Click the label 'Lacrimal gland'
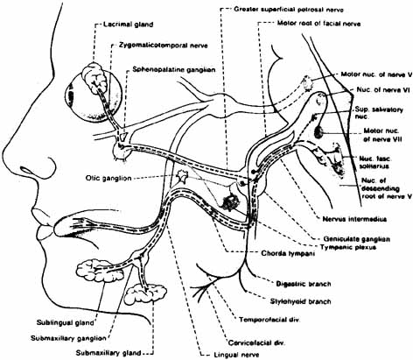(128, 25)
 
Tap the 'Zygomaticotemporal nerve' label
(164, 46)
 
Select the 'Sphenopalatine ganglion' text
(174, 70)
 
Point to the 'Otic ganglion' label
(108, 178)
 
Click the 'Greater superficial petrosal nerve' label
(289, 10)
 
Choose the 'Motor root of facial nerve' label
(318, 24)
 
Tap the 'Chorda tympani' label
(288, 253)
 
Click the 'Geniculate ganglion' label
(356, 239)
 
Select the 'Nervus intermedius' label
(354, 219)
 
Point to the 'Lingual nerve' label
(236, 355)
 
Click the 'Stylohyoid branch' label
(300, 301)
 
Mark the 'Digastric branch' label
(304, 284)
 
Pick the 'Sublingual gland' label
(66, 322)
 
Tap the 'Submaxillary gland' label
(108, 353)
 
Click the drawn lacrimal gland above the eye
(94, 77)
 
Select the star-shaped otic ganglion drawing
(182, 177)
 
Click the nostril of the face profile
(38, 169)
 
